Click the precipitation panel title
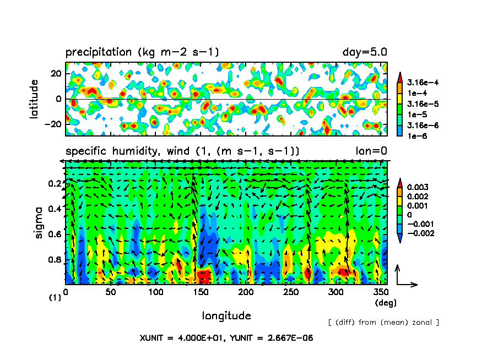point(142,53)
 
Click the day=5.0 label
point(365,53)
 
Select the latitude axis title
point(34,99)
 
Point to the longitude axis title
point(226,316)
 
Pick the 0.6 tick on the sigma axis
point(53,234)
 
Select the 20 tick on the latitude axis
point(55,74)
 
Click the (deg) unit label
point(386,303)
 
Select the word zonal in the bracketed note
point(423,322)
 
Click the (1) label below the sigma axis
point(55,298)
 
